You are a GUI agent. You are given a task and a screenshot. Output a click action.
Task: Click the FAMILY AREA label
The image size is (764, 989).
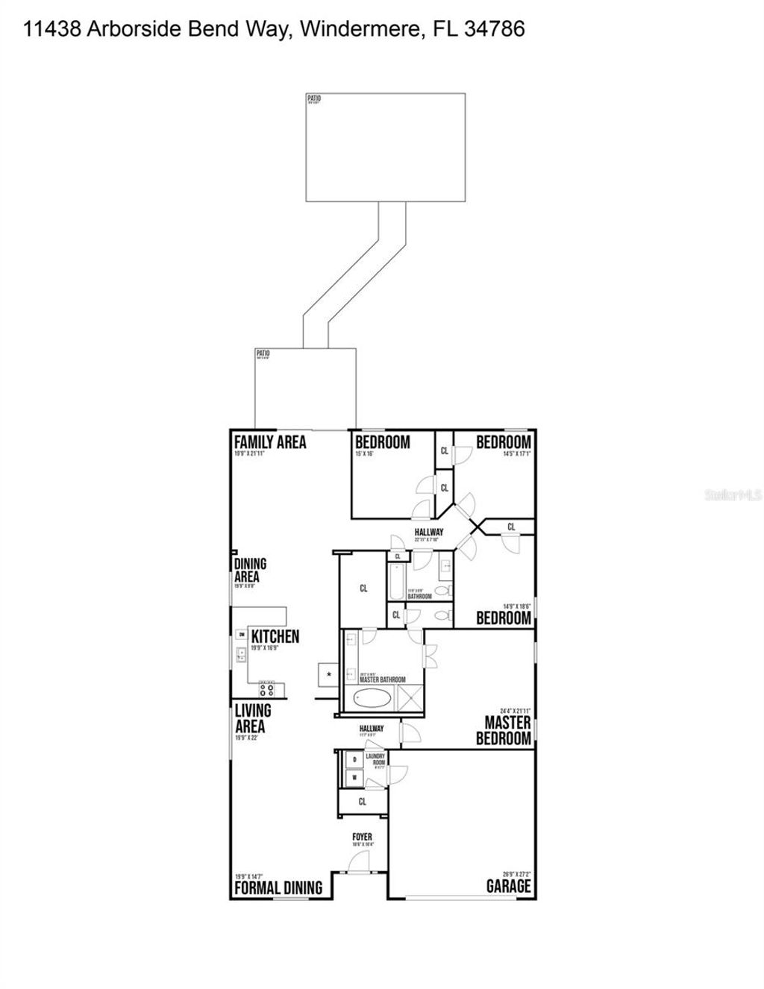coord(270,442)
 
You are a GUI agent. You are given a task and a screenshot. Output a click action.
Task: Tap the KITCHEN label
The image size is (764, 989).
coord(275,636)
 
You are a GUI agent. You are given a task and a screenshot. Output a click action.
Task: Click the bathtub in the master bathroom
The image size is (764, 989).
coord(371,700)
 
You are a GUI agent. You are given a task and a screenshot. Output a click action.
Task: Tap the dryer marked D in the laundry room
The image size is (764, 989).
coord(354,760)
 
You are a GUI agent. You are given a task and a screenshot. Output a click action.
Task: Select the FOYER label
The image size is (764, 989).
coord(362,838)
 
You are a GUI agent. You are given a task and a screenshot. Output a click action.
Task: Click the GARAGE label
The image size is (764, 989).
coord(508,886)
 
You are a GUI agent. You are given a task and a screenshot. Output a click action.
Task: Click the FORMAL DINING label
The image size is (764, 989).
coord(278,888)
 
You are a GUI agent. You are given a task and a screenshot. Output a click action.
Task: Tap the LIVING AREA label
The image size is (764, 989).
coord(252,718)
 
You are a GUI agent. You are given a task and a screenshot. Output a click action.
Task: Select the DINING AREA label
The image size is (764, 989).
coord(250,571)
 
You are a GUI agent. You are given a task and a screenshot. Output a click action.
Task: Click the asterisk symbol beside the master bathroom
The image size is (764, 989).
coord(328,675)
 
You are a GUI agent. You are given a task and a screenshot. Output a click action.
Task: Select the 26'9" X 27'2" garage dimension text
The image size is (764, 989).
coord(516,874)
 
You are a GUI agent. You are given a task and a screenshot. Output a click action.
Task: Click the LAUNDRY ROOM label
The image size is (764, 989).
coord(375,759)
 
